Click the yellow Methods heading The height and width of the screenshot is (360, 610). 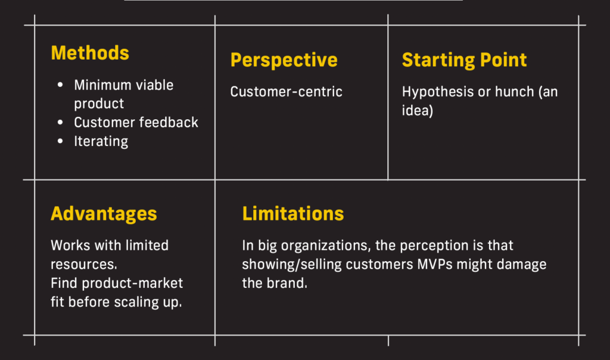[x=90, y=53]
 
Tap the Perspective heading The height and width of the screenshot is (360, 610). [x=284, y=60]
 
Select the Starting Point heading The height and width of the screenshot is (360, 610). [x=464, y=60]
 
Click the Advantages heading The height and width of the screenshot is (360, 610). [x=104, y=214]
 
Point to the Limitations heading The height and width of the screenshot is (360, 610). [x=293, y=213]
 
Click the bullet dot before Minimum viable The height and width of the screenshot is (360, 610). [x=60, y=85]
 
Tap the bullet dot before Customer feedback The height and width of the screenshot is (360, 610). [x=60, y=122]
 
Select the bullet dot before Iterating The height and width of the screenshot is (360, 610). [x=60, y=141]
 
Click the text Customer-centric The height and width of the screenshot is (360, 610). [x=287, y=92]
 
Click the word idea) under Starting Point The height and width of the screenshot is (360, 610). [x=418, y=111]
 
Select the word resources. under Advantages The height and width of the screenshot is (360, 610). [x=84, y=265]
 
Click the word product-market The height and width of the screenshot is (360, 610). [x=132, y=284]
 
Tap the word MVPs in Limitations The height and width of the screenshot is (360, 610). [x=435, y=265]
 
